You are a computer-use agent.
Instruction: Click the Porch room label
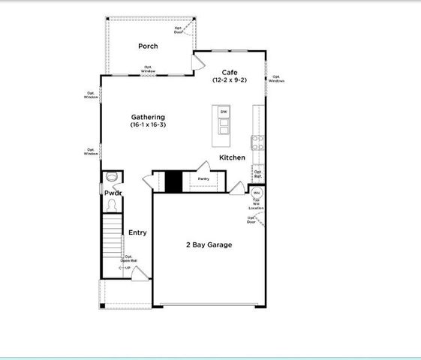(147, 46)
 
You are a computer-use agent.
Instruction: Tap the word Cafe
(230, 72)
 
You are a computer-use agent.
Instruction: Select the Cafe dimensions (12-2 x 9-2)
(230, 80)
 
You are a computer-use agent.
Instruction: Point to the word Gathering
(148, 117)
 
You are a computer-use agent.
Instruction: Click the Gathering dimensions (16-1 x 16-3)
(148, 125)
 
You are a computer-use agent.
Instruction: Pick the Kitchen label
(232, 157)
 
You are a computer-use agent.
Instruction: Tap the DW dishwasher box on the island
(223, 112)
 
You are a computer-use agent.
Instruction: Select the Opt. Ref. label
(257, 174)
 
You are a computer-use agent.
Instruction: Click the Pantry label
(203, 179)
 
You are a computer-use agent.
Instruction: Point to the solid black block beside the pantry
(174, 182)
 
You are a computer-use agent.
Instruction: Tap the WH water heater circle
(257, 192)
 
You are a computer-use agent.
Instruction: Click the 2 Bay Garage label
(209, 245)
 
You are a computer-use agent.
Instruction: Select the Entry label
(137, 232)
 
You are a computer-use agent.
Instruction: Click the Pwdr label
(113, 193)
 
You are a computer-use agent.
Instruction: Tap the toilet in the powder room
(112, 178)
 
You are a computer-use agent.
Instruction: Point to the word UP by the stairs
(128, 267)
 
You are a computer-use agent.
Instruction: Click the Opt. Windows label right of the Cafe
(276, 78)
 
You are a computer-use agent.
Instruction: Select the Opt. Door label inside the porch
(179, 30)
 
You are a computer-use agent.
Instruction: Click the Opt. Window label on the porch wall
(148, 69)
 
